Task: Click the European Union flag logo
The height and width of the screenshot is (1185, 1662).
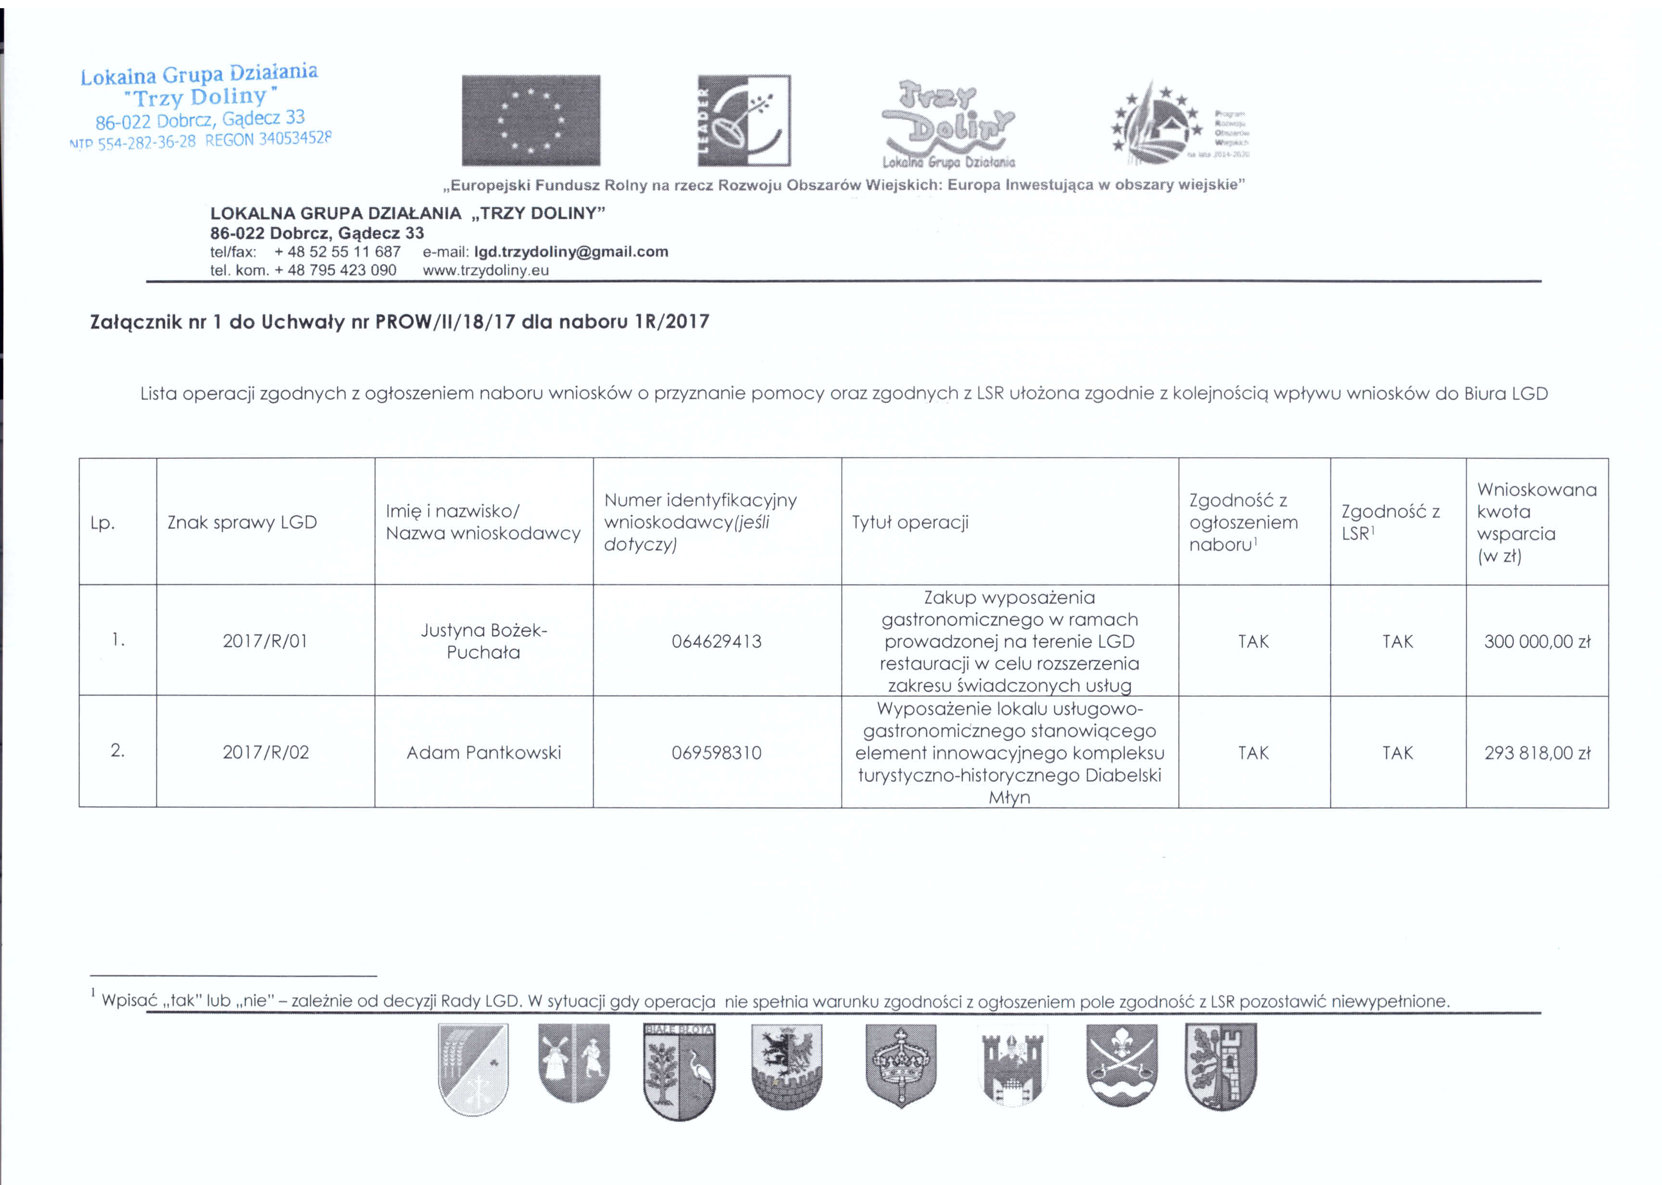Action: tap(530, 120)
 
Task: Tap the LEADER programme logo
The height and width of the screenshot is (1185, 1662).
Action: tap(743, 120)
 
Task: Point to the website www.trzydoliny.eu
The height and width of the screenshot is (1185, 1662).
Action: tap(485, 270)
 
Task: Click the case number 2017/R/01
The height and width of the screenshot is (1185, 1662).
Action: tap(265, 642)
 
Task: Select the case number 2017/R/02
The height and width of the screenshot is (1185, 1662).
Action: tap(265, 752)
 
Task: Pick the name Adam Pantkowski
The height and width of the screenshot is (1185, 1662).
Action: tap(484, 752)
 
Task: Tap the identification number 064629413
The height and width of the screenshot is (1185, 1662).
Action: tap(717, 642)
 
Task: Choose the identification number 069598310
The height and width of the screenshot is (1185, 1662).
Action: tap(717, 752)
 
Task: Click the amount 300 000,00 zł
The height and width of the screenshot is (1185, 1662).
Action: tap(1536, 642)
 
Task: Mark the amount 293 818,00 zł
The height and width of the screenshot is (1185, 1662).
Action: tap(1536, 752)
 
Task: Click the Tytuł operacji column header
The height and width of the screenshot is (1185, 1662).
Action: tap(910, 522)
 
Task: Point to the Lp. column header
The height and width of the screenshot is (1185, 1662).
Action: tap(102, 522)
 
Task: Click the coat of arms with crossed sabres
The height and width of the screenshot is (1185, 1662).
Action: tap(1121, 1065)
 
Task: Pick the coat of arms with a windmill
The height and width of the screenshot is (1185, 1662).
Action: tap(573, 1062)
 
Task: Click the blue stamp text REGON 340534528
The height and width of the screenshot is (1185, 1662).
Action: tap(268, 139)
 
